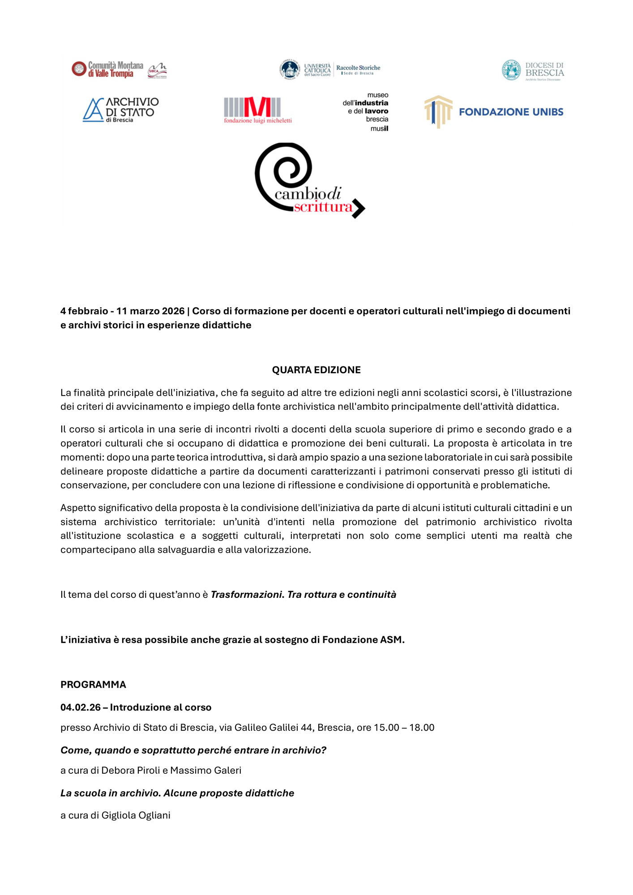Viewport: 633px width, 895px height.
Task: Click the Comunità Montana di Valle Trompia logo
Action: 107,69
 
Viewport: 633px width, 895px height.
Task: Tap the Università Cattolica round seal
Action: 290,69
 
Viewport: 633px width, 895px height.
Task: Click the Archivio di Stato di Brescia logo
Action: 121,110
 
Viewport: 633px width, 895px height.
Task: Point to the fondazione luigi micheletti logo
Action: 257,110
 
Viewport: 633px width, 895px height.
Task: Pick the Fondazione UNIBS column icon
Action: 438,111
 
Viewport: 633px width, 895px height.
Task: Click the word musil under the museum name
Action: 379,128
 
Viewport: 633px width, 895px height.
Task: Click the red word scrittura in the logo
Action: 323,207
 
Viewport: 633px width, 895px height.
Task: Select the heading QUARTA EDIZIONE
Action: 316,370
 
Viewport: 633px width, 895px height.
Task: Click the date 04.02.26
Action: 81,707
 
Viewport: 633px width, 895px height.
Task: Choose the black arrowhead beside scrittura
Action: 359,208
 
